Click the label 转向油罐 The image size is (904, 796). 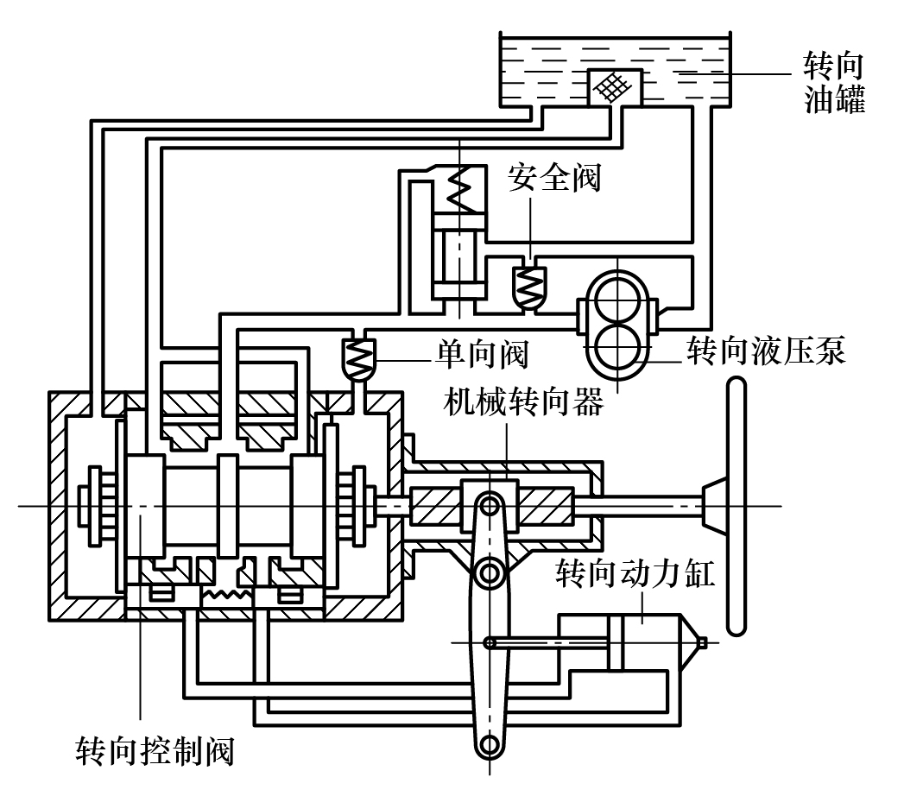[833, 83]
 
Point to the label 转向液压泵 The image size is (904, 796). [766, 351]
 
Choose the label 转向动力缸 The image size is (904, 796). [635, 574]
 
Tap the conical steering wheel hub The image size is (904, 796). [713, 504]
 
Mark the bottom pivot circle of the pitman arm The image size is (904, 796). [490, 743]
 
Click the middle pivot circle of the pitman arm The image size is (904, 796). [490, 571]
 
